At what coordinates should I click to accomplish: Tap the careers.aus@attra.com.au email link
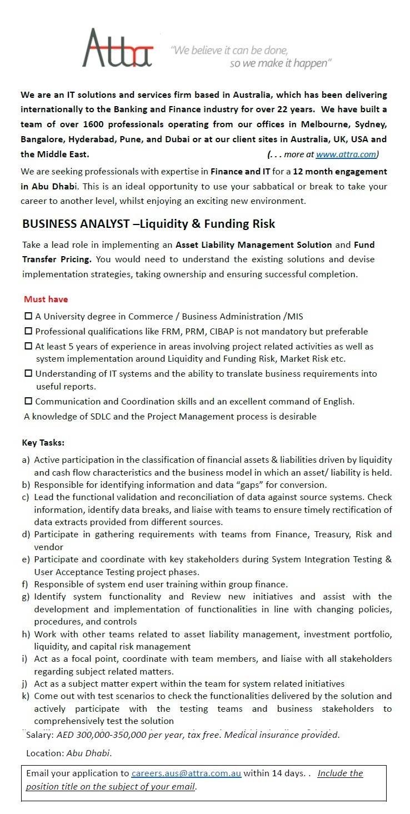point(186,773)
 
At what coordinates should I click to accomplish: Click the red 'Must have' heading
point(46,299)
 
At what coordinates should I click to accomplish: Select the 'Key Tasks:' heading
point(43,443)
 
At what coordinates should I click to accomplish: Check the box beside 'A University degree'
point(28,317)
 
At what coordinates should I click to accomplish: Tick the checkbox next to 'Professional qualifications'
point(28,332)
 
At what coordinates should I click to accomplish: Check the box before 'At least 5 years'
point(28,346)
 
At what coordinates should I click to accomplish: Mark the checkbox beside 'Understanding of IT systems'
point(28,374)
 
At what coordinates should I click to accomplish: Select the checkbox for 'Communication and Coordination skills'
point(28,401)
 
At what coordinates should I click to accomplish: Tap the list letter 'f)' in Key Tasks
point(26,585)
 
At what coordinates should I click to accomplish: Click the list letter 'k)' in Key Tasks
point(26,696)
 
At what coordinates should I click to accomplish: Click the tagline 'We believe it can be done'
point(231,51)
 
